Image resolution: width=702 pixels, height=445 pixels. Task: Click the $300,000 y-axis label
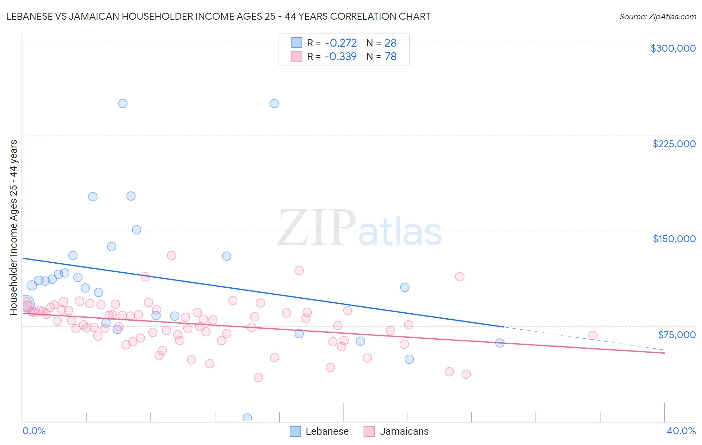pyautogui.click(x=673, y=48)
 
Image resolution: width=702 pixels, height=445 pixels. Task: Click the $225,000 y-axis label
pyautogui.click(x=674, y=144)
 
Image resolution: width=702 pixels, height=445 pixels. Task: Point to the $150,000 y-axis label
pyautogui.click(x=674, y=239)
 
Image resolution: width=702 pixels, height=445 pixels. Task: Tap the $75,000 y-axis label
pyautogui.click(x=676, y=335)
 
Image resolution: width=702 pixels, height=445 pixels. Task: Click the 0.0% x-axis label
pyautogui.click(x=34, y=431)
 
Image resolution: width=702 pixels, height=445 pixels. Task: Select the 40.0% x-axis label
pyautogui.click(x=681, y=431)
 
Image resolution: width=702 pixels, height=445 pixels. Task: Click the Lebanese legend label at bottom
pyautogui.click(x=327, y=431)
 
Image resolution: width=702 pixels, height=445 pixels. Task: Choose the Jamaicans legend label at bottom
pyautogui.click(x=404, y=431)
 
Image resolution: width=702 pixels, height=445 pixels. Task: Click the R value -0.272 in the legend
pyautogui.click(x=341, y=43)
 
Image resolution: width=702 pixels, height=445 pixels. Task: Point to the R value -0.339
pyautogui.click(x=341, y=57)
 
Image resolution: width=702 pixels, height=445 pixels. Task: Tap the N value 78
pyautogui.click(x=390, y=57)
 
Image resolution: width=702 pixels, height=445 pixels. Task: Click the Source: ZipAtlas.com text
pyautogui.click(x=657, y=17)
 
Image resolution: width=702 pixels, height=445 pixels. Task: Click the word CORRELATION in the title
pyautogui.click(x=367, y=16)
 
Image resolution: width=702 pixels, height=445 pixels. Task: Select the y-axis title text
pyautogui.click(x=13, y=227)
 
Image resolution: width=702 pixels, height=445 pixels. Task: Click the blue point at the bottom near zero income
pyautogui.click(x=247, y=418)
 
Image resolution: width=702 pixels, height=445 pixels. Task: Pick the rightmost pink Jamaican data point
pyautogui.click(x=593, y=336)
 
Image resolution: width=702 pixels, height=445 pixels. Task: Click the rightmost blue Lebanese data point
pyautogui.click(x=500, y=343)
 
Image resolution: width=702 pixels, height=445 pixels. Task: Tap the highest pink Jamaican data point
pyautogui.click(x=172, y=255)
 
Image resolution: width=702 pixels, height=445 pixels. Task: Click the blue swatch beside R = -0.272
pyautogui.click(x=297, y=43)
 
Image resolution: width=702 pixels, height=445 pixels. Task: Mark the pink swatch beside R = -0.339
pyautogui.click(x=297, y=56)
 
